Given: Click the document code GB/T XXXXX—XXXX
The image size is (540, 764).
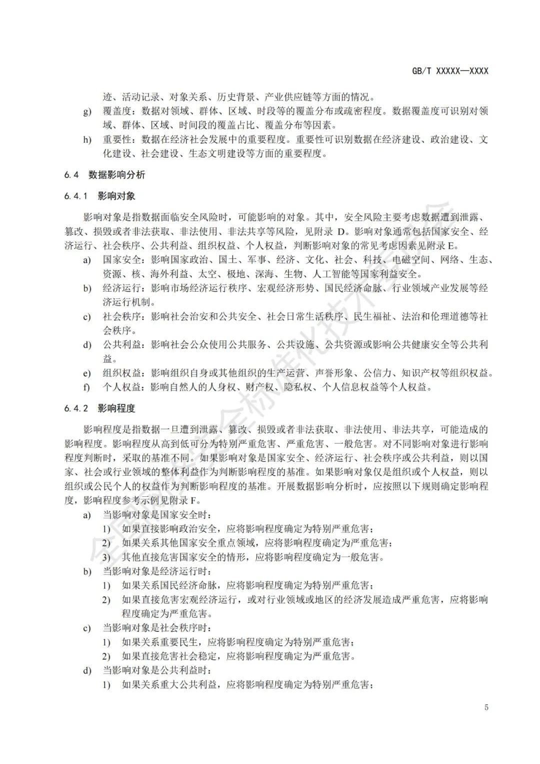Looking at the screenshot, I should point(450,71).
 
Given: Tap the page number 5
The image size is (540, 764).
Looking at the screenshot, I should point(486,707).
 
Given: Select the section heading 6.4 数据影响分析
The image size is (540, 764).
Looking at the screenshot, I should point(104,175).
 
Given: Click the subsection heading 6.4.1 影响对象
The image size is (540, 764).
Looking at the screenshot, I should point(99,196).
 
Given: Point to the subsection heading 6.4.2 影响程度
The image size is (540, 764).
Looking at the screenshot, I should point(99,408).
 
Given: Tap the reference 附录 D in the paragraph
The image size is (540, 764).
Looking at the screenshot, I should point(332,232).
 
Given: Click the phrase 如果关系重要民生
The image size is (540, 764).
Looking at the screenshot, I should point(160,642).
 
